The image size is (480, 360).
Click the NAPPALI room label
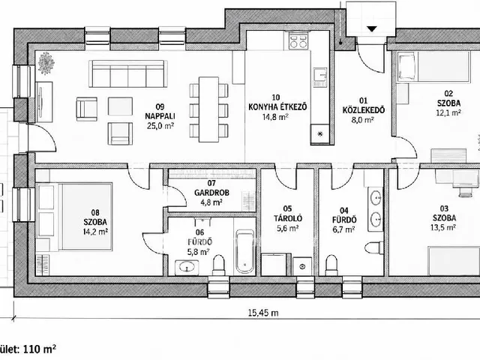coord(160,116)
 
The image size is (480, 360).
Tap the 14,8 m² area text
coord(275,117)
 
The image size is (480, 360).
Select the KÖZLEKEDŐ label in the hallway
coord(363,110)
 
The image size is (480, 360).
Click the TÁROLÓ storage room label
coord(288,218)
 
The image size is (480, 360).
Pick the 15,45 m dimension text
coord(263,313)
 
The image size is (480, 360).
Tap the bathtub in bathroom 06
coord(244,252)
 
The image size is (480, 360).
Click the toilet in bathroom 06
coord(218,265)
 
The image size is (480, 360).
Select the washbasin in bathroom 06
coord(187,268)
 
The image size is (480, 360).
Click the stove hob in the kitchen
coord(298,41)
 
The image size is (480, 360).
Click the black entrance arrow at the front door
coord(372,29)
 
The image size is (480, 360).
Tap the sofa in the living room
coord(128,73)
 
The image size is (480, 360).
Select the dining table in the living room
coord(208,109)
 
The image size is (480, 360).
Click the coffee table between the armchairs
coord(120,106)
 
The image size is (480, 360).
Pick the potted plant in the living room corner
coord(46,63)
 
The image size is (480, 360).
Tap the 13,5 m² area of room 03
coord(444,227)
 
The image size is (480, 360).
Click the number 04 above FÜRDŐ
coord(344,210)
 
